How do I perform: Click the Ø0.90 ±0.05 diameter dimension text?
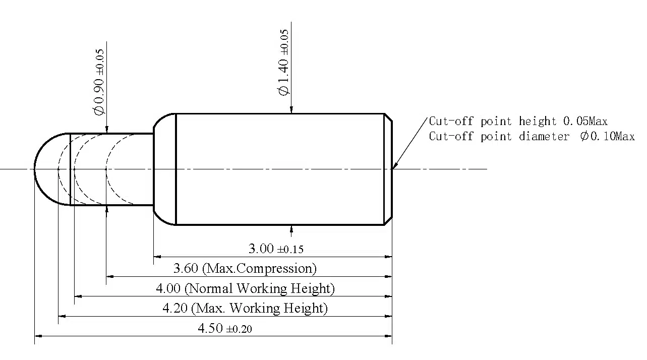point(99,82)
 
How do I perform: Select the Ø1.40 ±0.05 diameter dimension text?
point(283,63)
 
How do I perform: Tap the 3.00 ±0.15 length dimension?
point(276,249)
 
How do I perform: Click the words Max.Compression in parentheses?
point(259,268)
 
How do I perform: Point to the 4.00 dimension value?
point(168,288)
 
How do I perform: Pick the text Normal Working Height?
point(259,288)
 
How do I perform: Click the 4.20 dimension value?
point(175,308)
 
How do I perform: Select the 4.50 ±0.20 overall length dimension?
point(225,328)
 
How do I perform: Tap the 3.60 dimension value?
point(186,268)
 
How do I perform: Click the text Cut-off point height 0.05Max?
point(518,121)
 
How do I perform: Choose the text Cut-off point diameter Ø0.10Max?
point(532,136)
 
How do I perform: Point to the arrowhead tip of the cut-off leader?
point(392,168)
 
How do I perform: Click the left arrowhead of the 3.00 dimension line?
point(157,256)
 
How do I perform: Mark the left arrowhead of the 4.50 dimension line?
point(38,336)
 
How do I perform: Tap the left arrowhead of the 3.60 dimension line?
point(110,277)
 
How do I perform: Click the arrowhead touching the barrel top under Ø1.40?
point(291,110)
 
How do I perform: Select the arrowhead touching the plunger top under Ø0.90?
point(107,130)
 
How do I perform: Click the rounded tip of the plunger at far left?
point(35,169)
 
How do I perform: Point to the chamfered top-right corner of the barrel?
point(388,118)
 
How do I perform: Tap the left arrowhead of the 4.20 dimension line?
point(62,316)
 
